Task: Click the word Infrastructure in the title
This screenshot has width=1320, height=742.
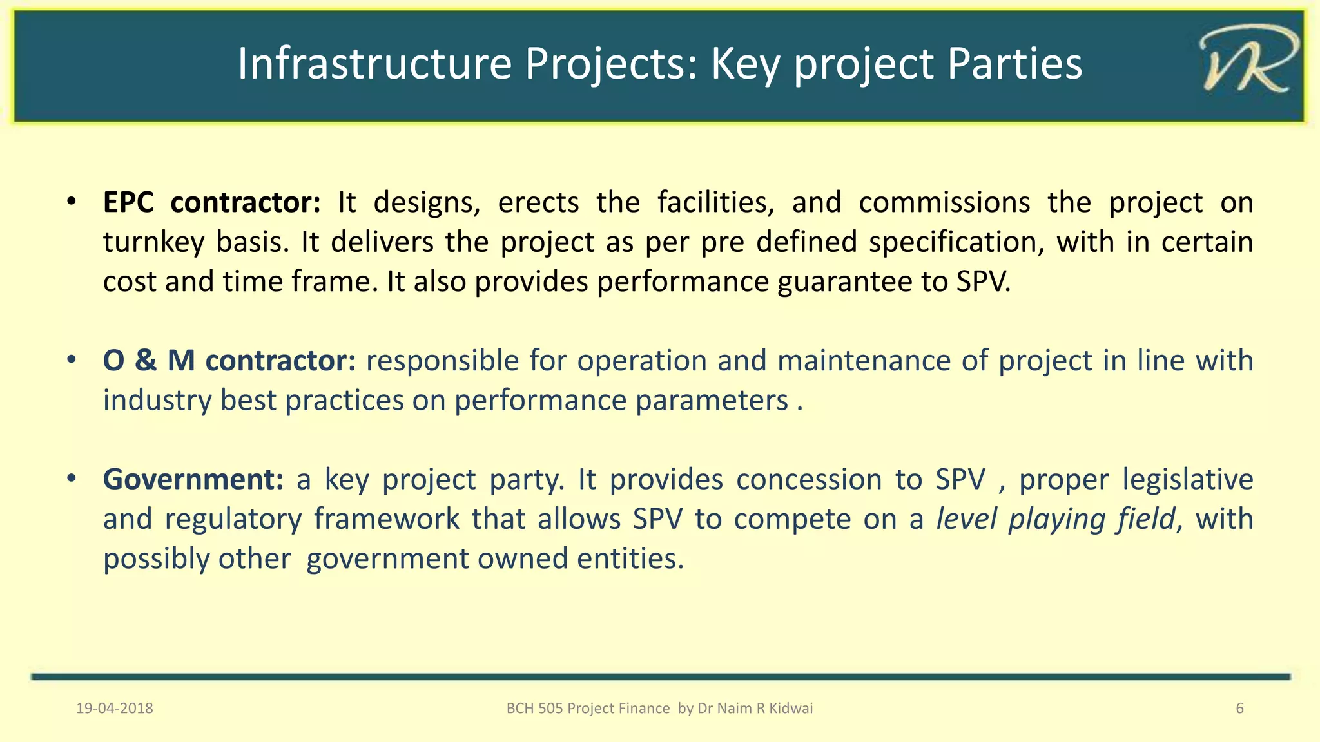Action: click(374, 64)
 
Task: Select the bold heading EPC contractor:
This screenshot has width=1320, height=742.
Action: click(211, 203)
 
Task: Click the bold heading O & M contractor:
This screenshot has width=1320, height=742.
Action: click(229, 361)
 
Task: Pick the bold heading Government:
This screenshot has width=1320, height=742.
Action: click(193, 480)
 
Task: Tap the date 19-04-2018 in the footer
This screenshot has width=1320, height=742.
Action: click(115, 709)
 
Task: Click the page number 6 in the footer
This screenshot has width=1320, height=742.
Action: click(1239, 709)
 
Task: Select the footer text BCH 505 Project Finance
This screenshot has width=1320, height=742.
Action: click(588, 709)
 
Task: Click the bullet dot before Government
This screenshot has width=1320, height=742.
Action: click(72, 479)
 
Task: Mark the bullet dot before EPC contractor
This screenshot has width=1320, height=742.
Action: click(72, 202)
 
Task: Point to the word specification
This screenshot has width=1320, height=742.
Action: click(956, 243)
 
